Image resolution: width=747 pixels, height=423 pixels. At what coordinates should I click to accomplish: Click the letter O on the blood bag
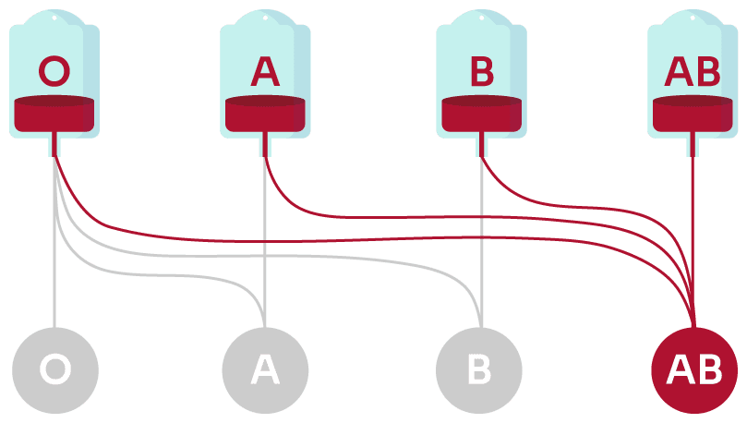pos(54,71)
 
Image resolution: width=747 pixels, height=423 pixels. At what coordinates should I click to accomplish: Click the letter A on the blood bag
pos(265,71)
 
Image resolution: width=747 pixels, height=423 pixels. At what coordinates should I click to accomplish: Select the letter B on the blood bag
pos(481,71)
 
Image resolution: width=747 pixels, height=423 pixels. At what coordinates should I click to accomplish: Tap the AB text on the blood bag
pos(693,71)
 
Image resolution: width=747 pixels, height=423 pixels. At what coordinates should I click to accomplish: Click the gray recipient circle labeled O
pos(54,370)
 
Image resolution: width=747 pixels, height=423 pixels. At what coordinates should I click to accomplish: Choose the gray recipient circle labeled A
pos(265,370)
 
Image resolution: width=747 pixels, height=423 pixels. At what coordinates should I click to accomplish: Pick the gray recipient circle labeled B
pos(480,370)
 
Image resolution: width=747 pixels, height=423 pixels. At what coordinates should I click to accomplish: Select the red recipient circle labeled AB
pos(694,370)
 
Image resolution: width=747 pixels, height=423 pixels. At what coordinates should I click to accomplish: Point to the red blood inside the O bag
pos(54,114)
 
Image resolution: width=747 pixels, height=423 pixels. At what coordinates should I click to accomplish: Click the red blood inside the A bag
pos(265,114)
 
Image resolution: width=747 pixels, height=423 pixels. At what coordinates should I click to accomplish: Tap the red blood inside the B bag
pos(481,114)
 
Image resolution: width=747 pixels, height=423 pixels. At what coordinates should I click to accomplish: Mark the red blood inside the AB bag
pos(693,114)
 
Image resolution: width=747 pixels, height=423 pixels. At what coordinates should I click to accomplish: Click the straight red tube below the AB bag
pos(693,231)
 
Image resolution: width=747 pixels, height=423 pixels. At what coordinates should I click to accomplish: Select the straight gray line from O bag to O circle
pos(54,277)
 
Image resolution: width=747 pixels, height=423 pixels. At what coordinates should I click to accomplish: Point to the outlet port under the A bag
pos(265,144)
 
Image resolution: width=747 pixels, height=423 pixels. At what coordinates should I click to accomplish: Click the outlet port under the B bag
pos(481,144)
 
